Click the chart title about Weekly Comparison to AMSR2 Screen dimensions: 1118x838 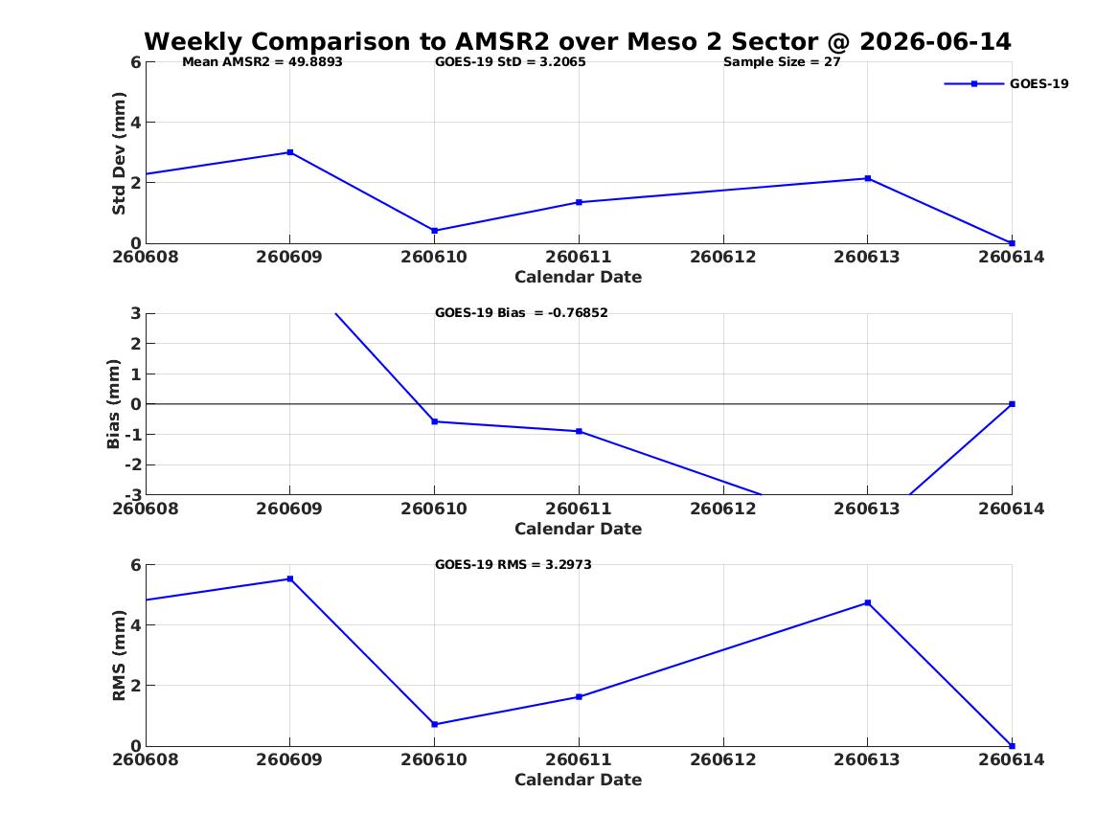coord(578,41)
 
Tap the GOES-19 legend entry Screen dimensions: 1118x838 coord(1006,83)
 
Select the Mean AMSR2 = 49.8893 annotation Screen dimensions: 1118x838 coord(262,62)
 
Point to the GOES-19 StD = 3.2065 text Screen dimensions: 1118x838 coord(511,62)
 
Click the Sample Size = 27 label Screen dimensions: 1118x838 coord(782,62)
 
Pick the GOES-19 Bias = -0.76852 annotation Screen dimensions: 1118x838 coord(521,313)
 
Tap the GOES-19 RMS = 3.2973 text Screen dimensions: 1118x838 coord(513,564)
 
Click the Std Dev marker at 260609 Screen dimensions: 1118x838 coord(290,152)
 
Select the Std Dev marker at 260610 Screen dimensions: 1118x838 coord(435,231)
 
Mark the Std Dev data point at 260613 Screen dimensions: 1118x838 coord(868,178)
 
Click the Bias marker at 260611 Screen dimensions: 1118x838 coord(579,431)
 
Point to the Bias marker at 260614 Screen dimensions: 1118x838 coord(1012,404)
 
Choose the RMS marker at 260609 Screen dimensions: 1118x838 coord(290,578)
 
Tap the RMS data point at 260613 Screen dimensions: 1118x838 coord(868,602)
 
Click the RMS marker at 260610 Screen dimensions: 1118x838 coord(435,724)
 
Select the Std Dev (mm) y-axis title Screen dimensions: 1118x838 coord(119,153)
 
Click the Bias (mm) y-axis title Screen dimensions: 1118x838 coord(113,404)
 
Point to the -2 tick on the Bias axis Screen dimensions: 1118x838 coord(133,464)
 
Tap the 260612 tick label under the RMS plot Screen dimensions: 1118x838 coord(723,759)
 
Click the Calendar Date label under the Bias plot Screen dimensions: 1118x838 coord(579,529)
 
